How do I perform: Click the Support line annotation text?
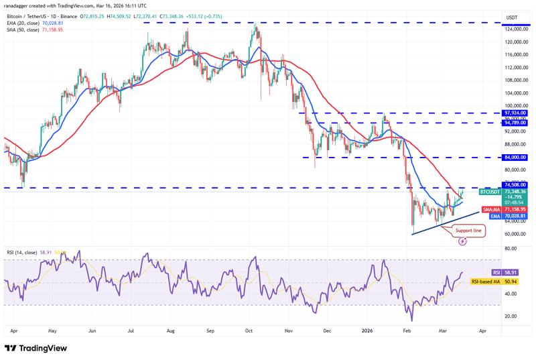pyautogui.click(x=468, y=231)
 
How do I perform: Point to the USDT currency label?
pyautogui.click(x=513, y=17)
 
